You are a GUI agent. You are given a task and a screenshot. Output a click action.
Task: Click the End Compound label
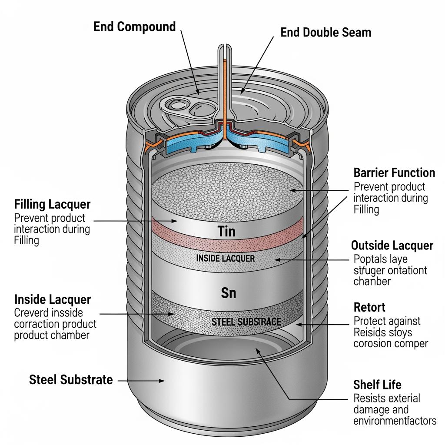point(135,27)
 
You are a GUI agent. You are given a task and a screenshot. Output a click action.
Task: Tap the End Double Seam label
point(325,32)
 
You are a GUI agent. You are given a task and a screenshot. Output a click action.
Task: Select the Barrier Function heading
point(394,173)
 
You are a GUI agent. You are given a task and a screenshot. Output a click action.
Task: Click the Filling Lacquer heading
point(52,204)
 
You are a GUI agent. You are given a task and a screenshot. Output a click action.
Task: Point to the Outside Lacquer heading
point(392,246)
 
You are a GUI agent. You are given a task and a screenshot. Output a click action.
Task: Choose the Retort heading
point(369,308)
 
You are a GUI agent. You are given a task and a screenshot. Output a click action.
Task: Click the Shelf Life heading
point(377,385)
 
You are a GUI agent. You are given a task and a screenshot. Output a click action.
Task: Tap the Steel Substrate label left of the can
point(71,380)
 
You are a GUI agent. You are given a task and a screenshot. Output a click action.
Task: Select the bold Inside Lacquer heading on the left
point(53,299)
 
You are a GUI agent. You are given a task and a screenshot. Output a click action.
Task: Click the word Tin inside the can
point(226,231)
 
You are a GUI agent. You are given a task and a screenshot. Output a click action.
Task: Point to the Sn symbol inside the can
point(229,293)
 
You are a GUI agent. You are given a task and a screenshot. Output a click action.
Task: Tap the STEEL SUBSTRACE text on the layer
point(246,322)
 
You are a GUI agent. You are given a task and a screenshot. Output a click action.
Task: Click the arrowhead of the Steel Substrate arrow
point(163,381)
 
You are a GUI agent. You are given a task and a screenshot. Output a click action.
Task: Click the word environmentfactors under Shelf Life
point(395,421)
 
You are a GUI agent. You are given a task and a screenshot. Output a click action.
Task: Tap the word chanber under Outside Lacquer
point(372,281)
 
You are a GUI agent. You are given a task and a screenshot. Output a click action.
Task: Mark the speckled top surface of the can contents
point(226,191)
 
